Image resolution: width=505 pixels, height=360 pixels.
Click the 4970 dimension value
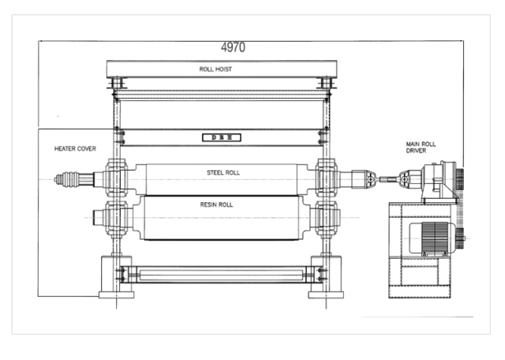click(x=233, y=47)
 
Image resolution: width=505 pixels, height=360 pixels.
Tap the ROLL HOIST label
click(x=215, y=69)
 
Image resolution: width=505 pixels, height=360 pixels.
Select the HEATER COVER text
click(x=75, y=148)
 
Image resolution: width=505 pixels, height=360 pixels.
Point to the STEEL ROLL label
click(x=223, y=173)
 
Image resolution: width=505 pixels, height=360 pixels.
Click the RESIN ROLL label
click(x=216, y=204)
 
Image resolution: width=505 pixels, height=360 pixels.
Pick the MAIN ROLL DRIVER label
click(x=421, y=148)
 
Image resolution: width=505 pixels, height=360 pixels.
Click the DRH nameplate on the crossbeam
click(x=222, y=137)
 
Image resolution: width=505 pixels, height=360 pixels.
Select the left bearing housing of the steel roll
click(x=116, y=178)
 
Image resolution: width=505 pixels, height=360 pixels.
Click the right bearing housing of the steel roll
click(x=326, y=178)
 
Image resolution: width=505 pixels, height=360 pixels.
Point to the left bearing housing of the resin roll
click(x=116, y=219)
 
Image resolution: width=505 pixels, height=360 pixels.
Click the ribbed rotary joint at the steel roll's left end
click(x=66, y=179)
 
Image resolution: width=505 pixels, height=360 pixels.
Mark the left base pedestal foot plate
click(x=116, y=295)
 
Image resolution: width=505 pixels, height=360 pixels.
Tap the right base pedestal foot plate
click(x=326, y=295)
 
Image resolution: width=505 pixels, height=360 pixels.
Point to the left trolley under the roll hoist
click(x=117, y=83)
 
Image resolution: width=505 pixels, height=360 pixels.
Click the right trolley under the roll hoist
click(x=326, y=83)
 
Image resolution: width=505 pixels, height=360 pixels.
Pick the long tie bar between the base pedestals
click(x=221, y=275)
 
